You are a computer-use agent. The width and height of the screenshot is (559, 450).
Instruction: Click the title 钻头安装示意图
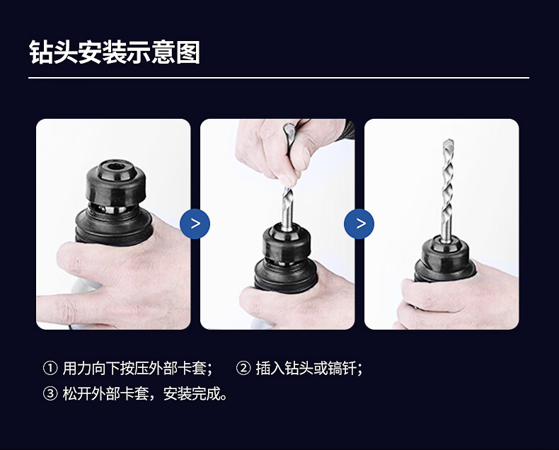coord(115,52)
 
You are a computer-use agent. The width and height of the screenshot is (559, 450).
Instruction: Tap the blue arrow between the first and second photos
coord(195,224)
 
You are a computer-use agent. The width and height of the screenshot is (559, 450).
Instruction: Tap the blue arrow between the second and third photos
coord(359,224)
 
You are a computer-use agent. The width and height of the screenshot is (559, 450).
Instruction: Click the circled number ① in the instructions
coord(50,368)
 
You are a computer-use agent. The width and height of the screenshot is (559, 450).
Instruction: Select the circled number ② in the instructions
coord(243,368)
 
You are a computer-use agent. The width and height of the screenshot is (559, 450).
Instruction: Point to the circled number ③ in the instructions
coord(50,393)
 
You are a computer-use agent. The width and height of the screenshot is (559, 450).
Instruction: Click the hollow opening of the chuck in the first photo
coord(116,166)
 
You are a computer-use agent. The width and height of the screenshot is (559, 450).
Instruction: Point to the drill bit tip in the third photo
coord(449,140)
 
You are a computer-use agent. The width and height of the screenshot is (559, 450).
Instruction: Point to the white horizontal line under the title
coord(279,77)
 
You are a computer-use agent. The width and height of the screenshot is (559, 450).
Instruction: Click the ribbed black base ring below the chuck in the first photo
coord(114,229)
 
